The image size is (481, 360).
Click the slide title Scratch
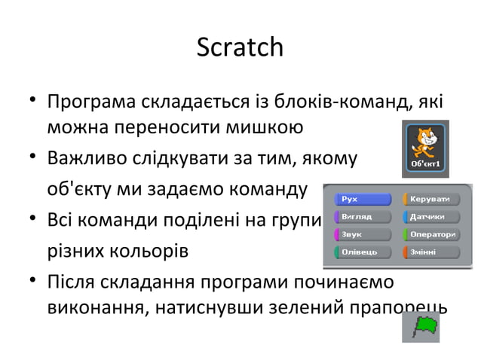(240, 48)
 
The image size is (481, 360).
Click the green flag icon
(426, 327)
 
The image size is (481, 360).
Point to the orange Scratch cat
(425, 140)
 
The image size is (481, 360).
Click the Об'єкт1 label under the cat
(425, 162)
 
